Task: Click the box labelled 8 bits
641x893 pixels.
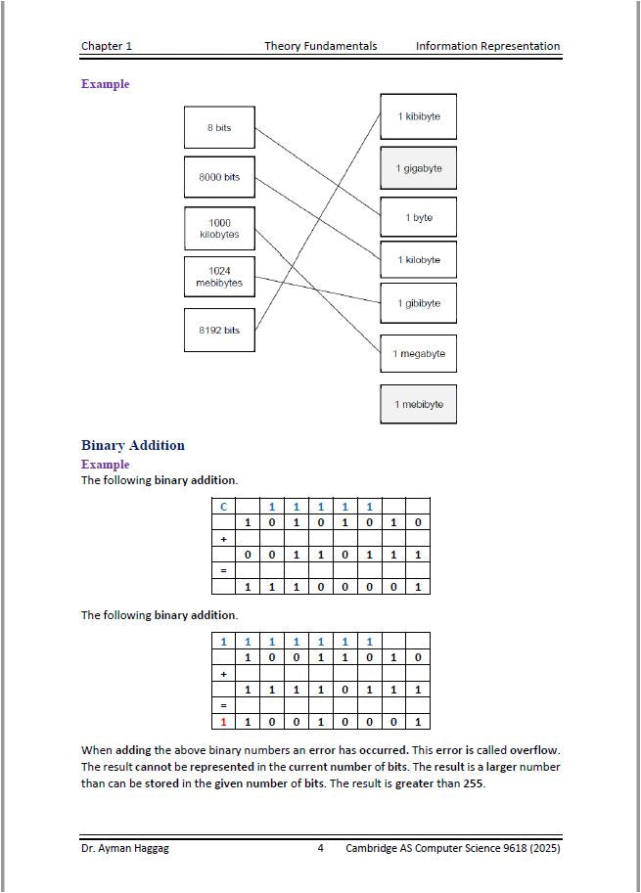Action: click(x=219, y=128)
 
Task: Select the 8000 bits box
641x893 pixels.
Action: click(x=219, y=177)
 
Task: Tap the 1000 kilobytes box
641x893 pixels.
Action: click(x=219, y=229)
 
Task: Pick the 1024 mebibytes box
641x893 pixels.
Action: click(x=219, y=277)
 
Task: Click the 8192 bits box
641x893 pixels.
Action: click(x=219, y=330)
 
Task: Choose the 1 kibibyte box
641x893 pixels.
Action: click(x=419, y=116)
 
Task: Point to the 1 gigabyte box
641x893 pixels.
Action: click(x=419, y=168)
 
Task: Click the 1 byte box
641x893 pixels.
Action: click(x=419, y=217)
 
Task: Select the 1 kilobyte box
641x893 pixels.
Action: click(x=419, y=260)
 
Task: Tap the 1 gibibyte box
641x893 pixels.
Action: click(x=419, y=303)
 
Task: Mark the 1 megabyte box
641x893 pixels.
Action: click(x=419, y=353)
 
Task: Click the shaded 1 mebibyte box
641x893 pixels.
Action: click(x=419, y=404)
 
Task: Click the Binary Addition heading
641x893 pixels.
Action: click(x=132, y=445)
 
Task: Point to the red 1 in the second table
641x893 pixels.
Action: click(x=223, y=723)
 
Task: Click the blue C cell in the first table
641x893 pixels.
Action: click(x=223, y=507)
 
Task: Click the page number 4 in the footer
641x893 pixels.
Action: click(x=320, y=848)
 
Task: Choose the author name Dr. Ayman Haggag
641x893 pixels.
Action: click(x=124, y=848)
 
